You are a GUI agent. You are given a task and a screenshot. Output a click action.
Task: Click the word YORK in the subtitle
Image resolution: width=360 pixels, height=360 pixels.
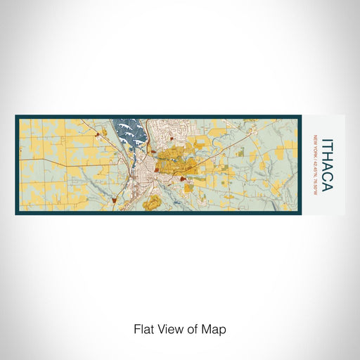tap(316, 149)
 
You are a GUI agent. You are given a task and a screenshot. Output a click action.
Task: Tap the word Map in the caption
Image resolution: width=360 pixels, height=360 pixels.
tap(216, 328)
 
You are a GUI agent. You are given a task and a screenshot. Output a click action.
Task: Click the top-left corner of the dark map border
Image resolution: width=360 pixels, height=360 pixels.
tap(16, 117)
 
